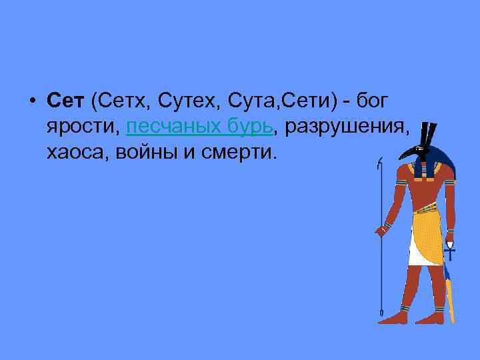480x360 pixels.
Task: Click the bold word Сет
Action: [x=65, y=101]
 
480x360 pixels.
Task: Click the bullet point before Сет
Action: [x=32, y=101]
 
